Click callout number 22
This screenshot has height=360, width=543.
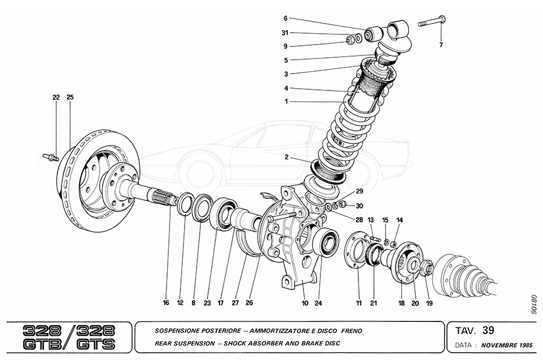point(56,97)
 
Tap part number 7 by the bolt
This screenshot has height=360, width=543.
point(440,45)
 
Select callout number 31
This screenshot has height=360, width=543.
point(285,33)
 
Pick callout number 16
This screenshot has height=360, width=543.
point(166,303)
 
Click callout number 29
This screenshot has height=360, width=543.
point(359,191)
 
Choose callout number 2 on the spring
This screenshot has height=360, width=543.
point(288,157)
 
